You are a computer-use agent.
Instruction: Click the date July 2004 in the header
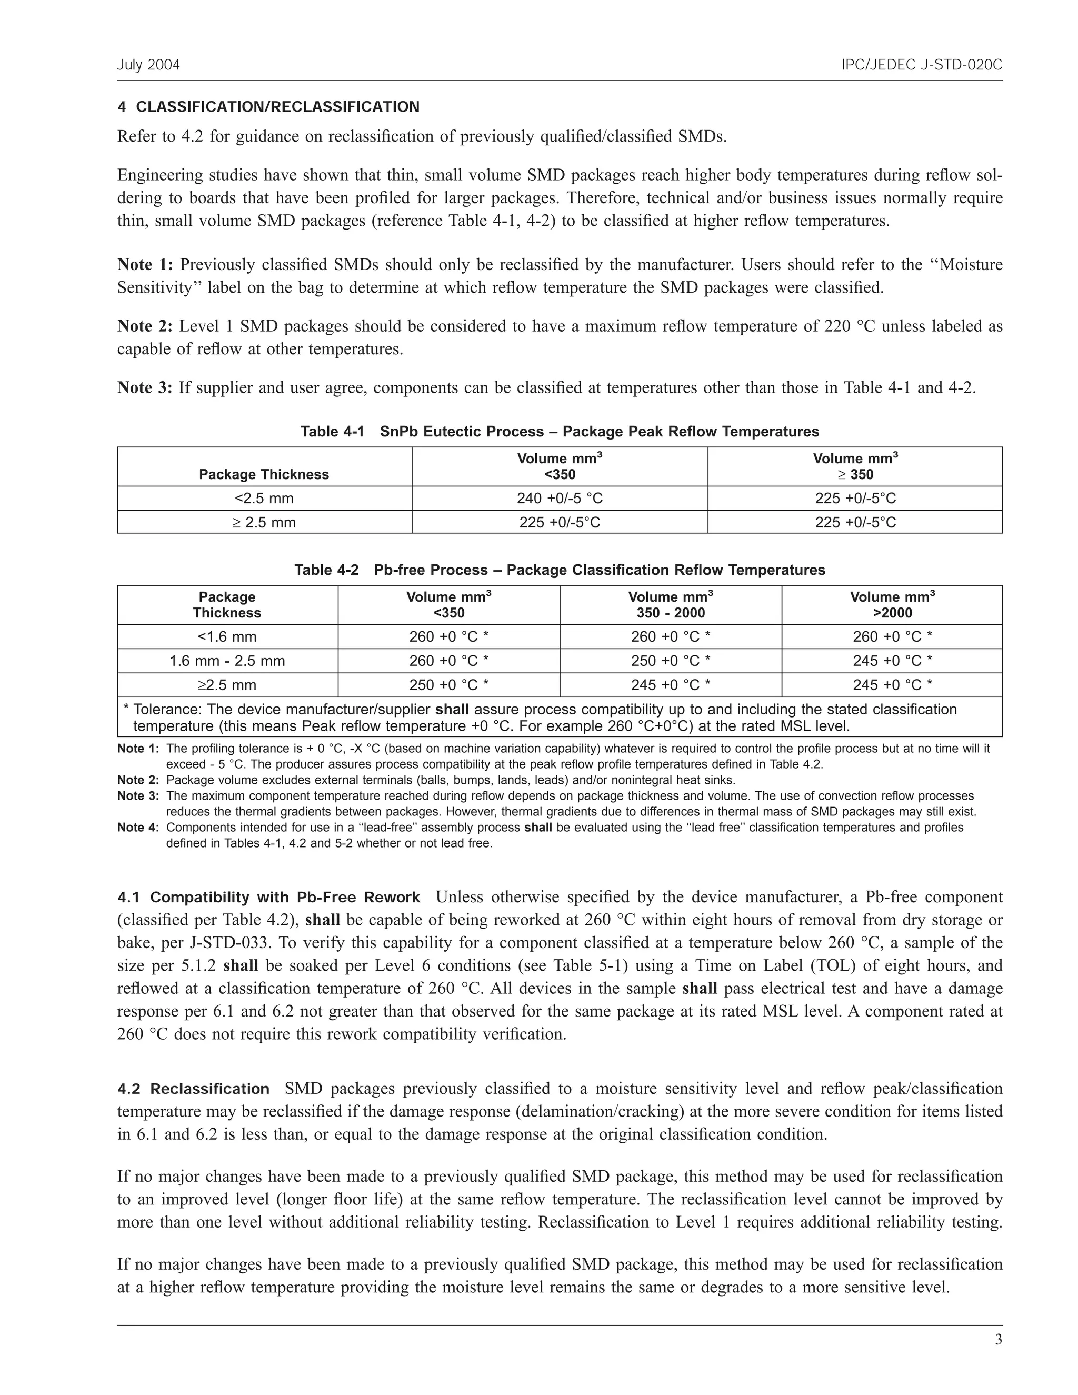click(x=148, y=65)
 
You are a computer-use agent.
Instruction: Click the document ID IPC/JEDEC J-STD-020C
click(x=922, y=65)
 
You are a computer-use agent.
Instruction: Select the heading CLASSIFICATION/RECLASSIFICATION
click(x=278, y=107)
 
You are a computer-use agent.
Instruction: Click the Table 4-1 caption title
click(x=560, y=432)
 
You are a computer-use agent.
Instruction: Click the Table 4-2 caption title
click(x=560, y=570)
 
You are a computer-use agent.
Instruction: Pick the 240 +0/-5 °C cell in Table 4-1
click(x=560, y=498)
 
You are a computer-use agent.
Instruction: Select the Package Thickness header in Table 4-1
click(x=264, y=474)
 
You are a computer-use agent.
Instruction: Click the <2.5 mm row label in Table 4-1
click(x=264, y=498)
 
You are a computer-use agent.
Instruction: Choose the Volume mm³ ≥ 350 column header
click(x=855, y=466)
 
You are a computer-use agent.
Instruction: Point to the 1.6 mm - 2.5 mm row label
click(x=227, y=661)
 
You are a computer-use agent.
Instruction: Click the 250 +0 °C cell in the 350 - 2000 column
click(x=671, y=661)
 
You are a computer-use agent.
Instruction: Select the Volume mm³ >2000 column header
click(x=892, y=605)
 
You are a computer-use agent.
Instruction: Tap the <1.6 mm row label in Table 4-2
click(x=227, y=637)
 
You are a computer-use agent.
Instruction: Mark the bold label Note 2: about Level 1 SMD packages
click(x=145, y=326)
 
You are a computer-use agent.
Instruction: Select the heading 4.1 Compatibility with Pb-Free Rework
click(x=268, y=898)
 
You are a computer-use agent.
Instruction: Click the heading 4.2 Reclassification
click(x=194, y=1089)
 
